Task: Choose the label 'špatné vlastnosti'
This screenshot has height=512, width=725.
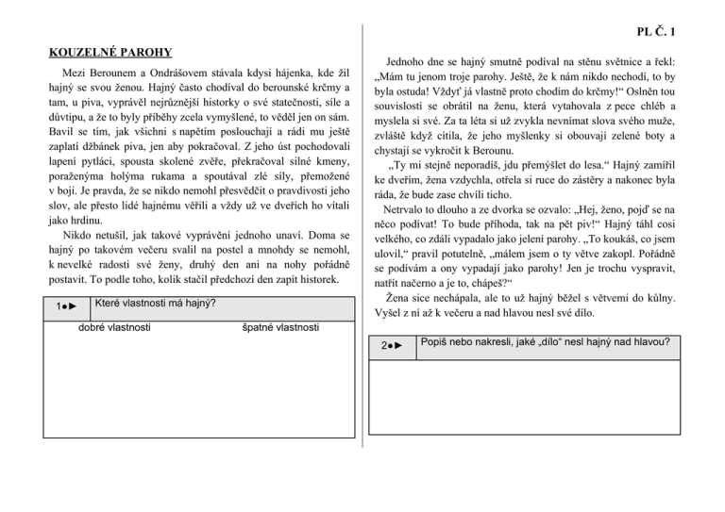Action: tap(277, 327)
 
